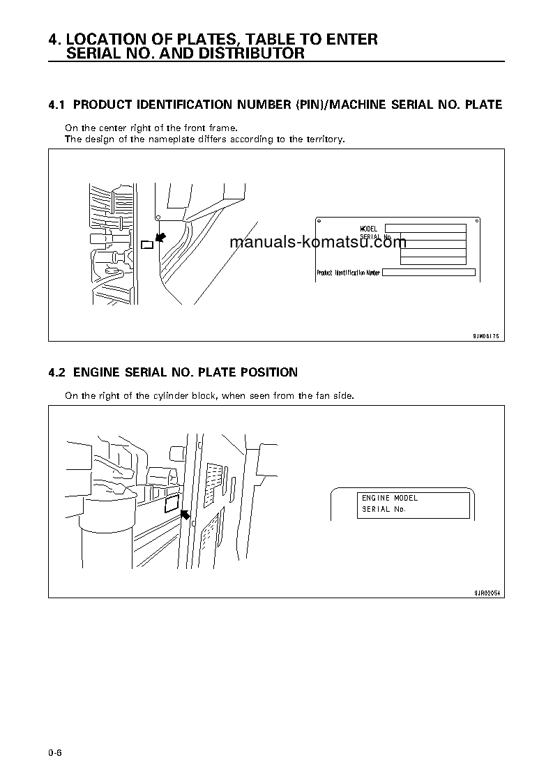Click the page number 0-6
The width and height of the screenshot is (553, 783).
tap(56, 752)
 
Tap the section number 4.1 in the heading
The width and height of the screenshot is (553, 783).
tap(56, 105)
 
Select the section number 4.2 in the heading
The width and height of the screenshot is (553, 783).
tap(56, 372)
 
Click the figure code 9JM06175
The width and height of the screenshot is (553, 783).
tap(486, 336)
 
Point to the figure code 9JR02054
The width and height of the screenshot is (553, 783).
tap(487, 593)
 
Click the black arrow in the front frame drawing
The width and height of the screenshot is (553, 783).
tap(160, 238)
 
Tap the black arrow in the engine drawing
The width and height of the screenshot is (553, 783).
tap(185, 515)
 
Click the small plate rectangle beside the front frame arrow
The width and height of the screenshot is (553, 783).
tap(146, 244)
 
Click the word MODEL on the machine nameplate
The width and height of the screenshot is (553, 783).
tap(368, 229)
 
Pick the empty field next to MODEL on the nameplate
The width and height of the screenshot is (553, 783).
tap(425, 228)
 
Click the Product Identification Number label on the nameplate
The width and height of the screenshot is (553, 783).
tap(348, 273)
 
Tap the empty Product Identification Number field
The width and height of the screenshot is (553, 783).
tap(428, 273)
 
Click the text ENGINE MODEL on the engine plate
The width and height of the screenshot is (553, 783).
tap(390, 499)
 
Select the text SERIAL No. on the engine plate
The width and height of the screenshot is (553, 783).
tap(384, 510)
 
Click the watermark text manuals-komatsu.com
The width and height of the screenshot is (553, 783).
tap(317, 243)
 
